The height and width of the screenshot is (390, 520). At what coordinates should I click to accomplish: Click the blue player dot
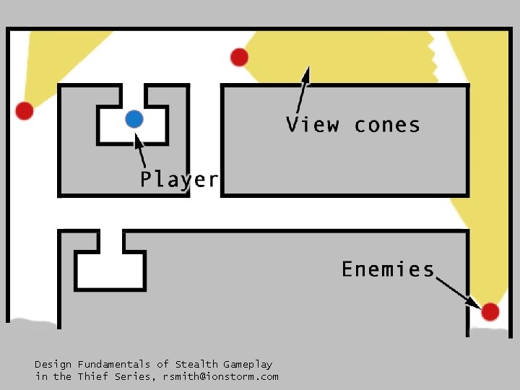(134, 118)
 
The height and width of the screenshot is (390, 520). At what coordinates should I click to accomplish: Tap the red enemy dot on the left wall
(25, 110)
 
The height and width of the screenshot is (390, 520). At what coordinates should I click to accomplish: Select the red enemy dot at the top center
(239, 57)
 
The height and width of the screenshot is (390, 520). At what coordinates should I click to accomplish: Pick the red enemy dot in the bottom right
(490, 311)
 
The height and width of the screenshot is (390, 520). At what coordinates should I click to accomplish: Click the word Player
(178, 179)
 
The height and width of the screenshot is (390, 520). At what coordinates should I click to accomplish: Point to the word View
(313, 125)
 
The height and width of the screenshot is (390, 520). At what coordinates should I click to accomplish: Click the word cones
(387, 125)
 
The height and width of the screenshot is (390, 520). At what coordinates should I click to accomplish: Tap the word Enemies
(388, 269)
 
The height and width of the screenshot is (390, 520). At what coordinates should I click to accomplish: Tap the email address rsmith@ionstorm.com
(220, 376)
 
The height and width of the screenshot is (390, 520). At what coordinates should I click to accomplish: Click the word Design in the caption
(53, 364)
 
